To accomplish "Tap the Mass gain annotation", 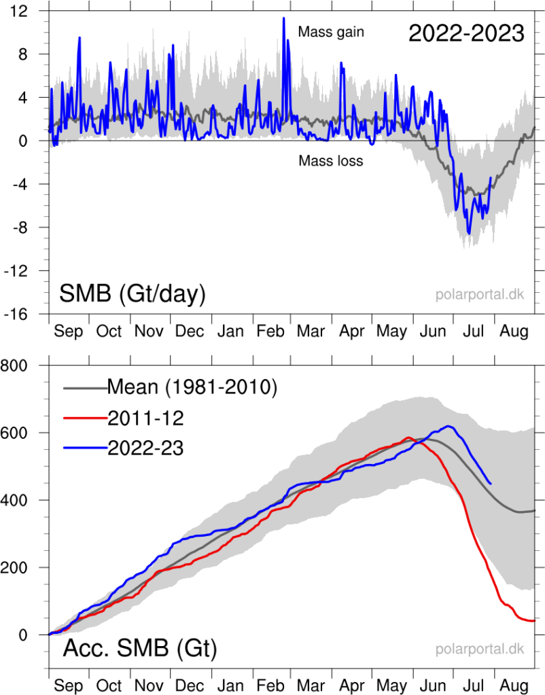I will tap(331, 32).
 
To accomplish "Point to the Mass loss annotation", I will tap(330, 161).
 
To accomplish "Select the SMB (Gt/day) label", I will tap(133, 294).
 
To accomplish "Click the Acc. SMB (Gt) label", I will tap(139, 649).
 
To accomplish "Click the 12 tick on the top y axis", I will tap(27, 11).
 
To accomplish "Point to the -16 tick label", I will tap(24, 315).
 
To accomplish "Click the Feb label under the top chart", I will tap(272, 331).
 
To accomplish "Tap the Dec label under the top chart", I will tap(190, 331).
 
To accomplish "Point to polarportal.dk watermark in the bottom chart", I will tap(480, 649).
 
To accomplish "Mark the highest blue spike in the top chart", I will tap(283, 18).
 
